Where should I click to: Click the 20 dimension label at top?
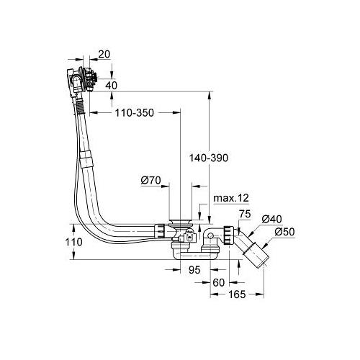[104, 55]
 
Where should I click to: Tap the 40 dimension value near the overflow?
[111, 86]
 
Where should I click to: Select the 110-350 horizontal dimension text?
[135, 113]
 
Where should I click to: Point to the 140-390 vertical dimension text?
[209, 158]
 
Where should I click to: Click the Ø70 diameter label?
[150, 181]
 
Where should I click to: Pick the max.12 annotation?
[231, 198]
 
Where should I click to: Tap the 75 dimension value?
[245, 214]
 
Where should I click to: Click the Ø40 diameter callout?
[271, 219]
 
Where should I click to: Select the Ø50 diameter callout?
[284, 232]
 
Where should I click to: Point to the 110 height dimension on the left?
[74, 242]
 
